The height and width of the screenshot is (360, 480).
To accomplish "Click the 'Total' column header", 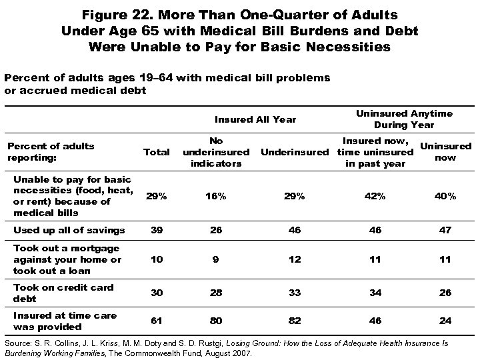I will pos(156,152).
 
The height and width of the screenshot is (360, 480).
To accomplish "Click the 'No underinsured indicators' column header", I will pos(216,152).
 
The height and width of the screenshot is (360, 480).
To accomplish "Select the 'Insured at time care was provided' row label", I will pos(64,321).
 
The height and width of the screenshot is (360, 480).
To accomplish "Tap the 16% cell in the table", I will pos(216,197).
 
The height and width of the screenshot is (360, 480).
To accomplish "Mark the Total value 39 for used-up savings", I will pos(156,230).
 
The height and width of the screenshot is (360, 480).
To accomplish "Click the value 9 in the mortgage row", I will pos(216,260).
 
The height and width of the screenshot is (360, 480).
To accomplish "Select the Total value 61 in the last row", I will pos(156,321).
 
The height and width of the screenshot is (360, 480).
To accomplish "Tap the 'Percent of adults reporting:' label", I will pos(50,152).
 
